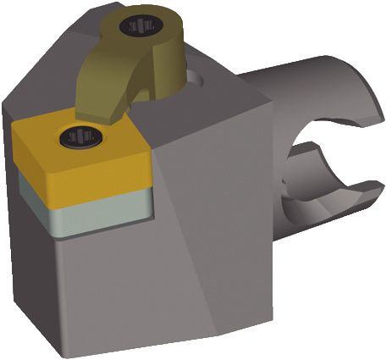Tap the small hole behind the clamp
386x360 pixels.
click(x=197, y=78)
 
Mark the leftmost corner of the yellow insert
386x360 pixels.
click(x=14, y=127)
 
